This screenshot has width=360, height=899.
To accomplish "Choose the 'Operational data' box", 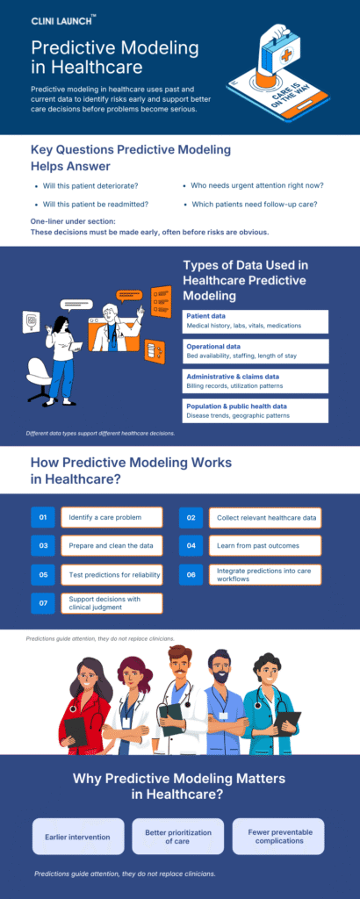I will [256, 351].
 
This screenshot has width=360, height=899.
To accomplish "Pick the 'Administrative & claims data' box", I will [256, 380].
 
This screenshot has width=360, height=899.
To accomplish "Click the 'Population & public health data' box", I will [256, 411].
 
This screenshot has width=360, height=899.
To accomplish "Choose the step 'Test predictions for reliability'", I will [112, 575].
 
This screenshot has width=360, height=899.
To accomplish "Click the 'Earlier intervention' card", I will [77, 837].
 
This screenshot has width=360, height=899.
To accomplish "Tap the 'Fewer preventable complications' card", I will [278, 837].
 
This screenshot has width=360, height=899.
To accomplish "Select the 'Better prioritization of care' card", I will [177, 837].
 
